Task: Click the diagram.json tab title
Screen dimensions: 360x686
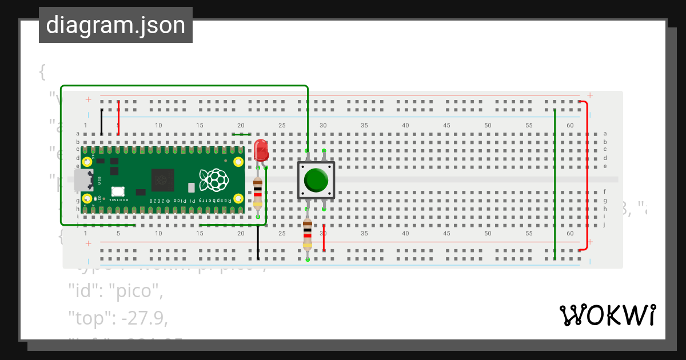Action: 115,26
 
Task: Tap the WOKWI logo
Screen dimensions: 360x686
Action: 608,315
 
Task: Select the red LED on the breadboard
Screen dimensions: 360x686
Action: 261,149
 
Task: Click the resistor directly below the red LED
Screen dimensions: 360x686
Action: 258,192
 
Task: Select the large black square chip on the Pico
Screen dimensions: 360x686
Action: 163,181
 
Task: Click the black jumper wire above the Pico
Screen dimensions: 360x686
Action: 102,122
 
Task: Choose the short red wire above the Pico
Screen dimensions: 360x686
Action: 118,118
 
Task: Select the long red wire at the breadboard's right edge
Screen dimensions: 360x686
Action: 587,176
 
